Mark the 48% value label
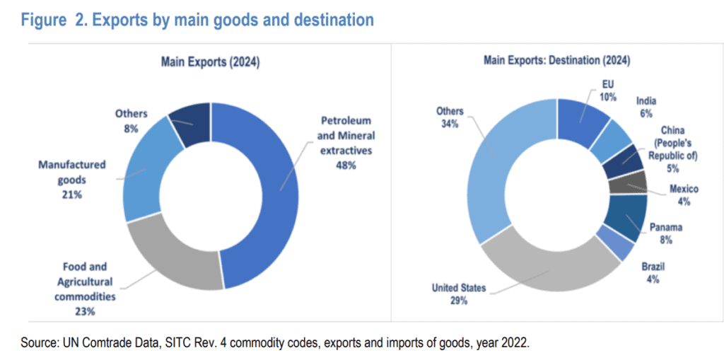pyautogui.click(x=346, y=166)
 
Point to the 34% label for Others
pyautogui.click(x=450, y=124)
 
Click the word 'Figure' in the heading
pyautogui.click(x=44, y=20)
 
